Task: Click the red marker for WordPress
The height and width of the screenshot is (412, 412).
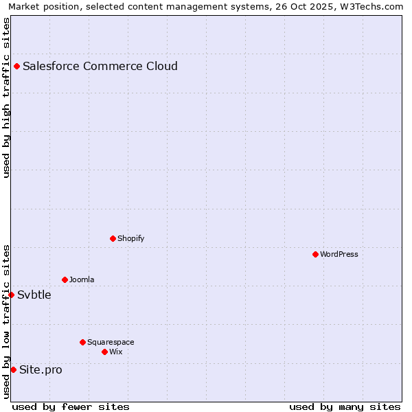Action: tap(315, 254)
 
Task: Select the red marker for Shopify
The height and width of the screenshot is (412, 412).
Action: tap(113, 238)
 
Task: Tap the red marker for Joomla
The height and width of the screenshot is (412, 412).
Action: tap(65, 279)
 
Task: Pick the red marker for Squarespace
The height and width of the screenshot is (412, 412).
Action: tap(82, 342)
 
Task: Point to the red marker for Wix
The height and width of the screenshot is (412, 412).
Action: tap(104, 352)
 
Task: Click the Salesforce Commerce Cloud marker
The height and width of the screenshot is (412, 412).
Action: tap(16, 66)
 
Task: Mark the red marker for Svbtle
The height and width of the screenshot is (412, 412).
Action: tap(11, 295)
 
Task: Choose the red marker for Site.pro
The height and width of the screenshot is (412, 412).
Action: tap(13, 369)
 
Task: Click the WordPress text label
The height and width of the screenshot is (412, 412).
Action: tap(339, 254)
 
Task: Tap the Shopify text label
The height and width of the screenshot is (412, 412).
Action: tap(130, 238)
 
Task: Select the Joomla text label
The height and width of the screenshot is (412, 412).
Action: tap(82, 279)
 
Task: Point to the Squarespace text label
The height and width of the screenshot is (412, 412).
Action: tap(111, 342)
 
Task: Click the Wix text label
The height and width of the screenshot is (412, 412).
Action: tap(116, 352)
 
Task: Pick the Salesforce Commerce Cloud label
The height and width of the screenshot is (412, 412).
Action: tap(100, 66)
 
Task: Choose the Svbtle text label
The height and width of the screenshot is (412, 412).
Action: tap(34, 295)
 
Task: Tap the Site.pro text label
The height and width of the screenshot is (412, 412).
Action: tap(41, 369)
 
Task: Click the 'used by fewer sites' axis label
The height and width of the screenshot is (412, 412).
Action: tap(71, 407)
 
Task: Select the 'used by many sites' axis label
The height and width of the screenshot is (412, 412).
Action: tap(345, 407)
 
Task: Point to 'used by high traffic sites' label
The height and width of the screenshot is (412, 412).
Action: tap(6, 98)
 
